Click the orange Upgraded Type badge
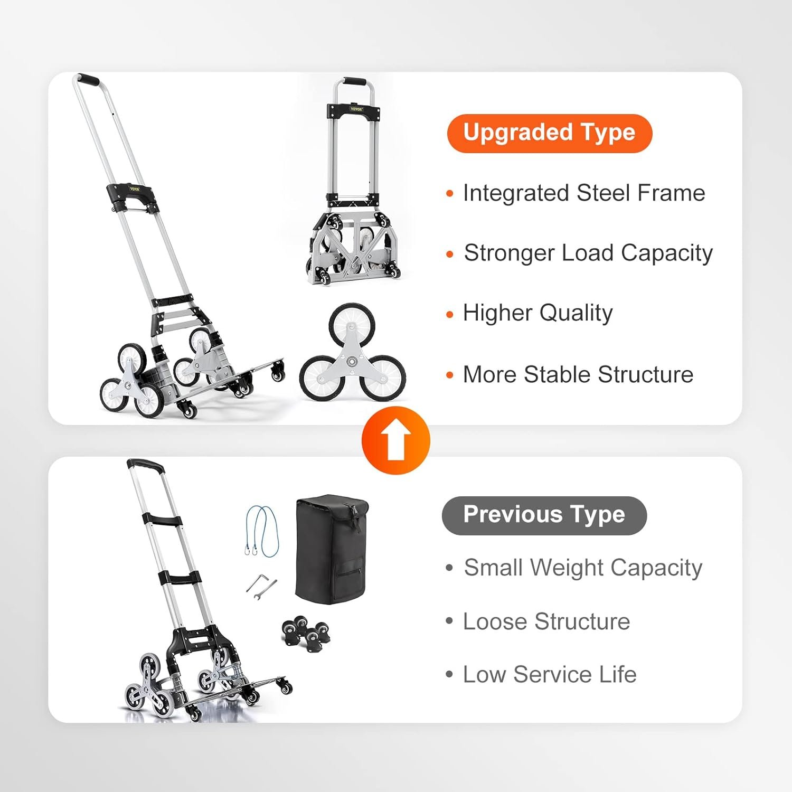[x=550, y=133]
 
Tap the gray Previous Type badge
[x=544, y=515]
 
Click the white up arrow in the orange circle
[x=396, y=441]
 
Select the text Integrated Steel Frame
[x=584, y=193]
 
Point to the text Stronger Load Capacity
[x=588, y=253]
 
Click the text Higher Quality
[x=538, y=313]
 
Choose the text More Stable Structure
[x=578, y=374]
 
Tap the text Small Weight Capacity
[x=583, y=568]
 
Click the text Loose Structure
[x=546, y=621]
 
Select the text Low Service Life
[x=550, y=674]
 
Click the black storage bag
[x=332, y=549]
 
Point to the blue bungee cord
[x=263, y=531]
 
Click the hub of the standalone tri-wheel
[x=352, y=363]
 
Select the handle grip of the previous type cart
[x=145, y=465]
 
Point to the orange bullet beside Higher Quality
[x=450, y=315]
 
